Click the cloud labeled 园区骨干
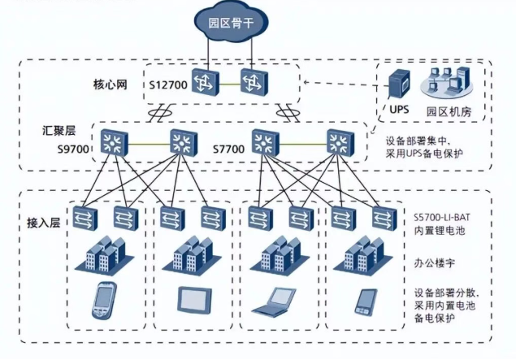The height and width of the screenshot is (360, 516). click(231, 23)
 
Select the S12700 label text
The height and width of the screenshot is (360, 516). click(168, 85)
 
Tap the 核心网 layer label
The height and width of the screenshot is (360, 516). click(111, 85)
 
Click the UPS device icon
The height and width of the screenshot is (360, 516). click(400, 84)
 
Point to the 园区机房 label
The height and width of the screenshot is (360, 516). click(449, 111)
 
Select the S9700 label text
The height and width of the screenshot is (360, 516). click(73, 149)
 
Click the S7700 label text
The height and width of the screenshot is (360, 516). click(228, 149)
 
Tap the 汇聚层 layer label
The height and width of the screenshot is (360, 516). click(59, 131)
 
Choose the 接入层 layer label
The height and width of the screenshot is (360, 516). click(43, 223)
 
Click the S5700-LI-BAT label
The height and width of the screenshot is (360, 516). click(441, 217)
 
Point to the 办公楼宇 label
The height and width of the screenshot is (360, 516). click(435, 263)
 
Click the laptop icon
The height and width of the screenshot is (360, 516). click(274, 301)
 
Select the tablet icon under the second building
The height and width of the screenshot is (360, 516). click(194, 299)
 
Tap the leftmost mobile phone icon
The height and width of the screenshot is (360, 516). click(104, 300)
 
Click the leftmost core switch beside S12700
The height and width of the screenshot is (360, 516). click(206, 82)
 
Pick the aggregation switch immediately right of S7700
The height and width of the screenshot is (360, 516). click(266, 143)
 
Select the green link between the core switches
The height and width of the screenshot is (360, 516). click(230, 85)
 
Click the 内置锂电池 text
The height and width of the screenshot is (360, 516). click(439, 230)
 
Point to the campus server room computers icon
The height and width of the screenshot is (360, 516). click(447, 82)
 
